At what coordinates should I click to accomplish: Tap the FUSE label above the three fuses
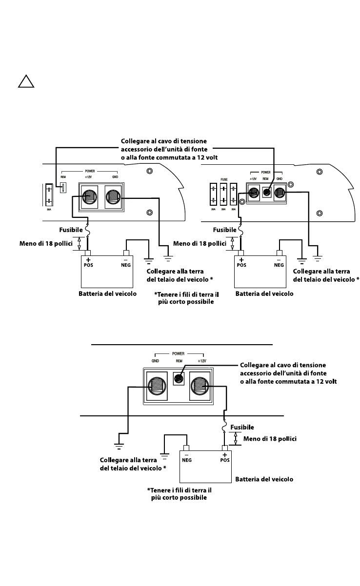pos(224,179)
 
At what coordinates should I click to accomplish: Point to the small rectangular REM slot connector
pos(62,188)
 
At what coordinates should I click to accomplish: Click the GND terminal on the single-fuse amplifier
pos(113,197)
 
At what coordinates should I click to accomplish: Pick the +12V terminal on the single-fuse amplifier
pos(88,197)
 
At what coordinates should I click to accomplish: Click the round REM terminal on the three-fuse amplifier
pos(267,192)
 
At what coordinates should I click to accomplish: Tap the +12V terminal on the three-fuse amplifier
pos(253,193)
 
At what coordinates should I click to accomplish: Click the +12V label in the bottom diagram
pos(202,361)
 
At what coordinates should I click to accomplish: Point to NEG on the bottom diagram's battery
pos(186,458)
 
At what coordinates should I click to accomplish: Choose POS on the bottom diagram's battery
pos(224,458)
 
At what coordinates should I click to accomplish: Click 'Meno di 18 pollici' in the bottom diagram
pos(270,439)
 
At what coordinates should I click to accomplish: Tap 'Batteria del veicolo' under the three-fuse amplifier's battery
pos(264,293)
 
